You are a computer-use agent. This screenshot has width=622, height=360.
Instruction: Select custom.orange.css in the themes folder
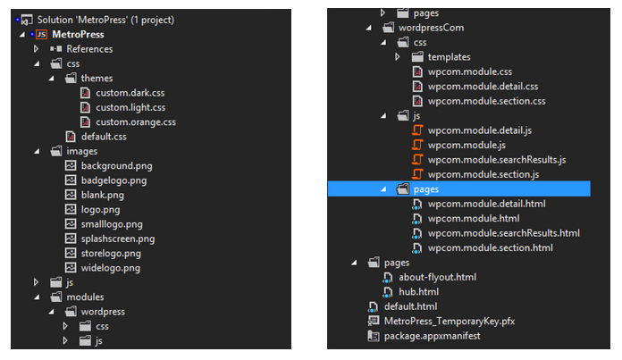(x=135, y=121)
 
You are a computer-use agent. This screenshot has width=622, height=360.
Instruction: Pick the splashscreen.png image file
(x=117, y=239)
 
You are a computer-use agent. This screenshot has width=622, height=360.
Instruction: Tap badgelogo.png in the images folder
(x=113, y=180)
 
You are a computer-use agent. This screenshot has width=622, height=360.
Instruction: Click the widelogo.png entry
(x=110, y=267)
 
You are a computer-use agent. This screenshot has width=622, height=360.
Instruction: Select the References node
(x=89, y=48)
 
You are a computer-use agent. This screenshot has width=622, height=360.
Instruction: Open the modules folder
(x=85, y=297)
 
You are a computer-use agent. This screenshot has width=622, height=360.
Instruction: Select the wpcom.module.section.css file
(x=486, y=101)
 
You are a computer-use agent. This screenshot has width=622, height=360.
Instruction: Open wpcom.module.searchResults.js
(x=497, y=159)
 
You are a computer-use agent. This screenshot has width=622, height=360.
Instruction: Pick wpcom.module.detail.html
(x=486, y=204)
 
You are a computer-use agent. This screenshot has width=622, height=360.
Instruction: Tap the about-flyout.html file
(x=438, y=277)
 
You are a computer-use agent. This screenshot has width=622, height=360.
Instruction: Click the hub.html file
(x=418, y=291)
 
